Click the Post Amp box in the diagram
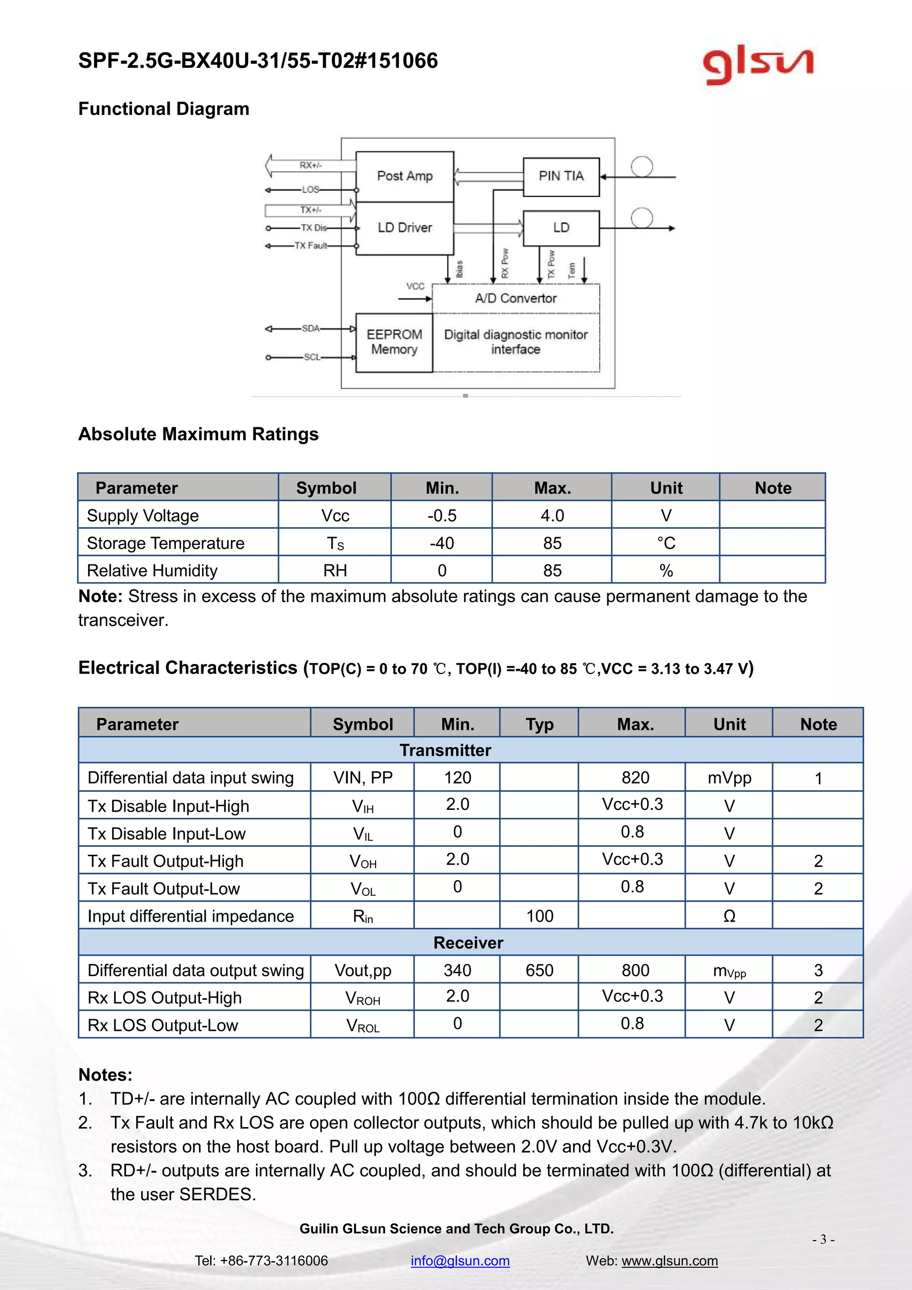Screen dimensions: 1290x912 point(404,176)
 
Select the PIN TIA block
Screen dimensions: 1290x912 point(561,176)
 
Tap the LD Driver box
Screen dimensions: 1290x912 point(404,228)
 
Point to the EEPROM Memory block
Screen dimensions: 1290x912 point(394,342)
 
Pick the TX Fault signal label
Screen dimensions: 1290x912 point(310,245)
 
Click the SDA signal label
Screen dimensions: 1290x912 point(310,328)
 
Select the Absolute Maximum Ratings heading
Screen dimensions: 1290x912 point(198,434)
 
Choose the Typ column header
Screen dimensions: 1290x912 point(539,724)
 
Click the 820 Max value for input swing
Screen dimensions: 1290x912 point(635,778)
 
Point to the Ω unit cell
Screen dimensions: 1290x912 point(729,916)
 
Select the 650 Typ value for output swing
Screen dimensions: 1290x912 point(539,970)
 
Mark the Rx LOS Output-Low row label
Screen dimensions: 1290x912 point(163,1025)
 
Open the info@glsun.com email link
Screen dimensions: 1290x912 point(460,1260)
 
